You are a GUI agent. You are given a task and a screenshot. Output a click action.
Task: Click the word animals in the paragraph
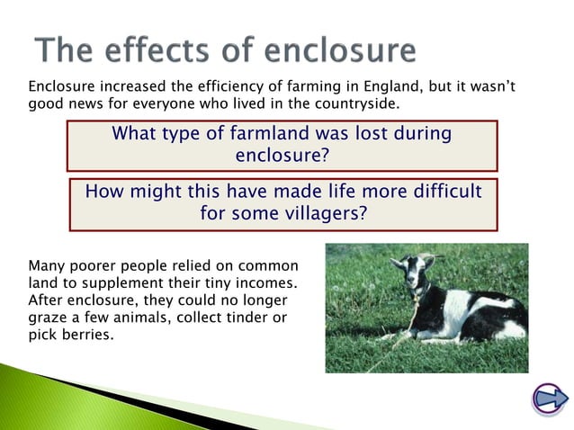pyautogui.click(x=132, y=318)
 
